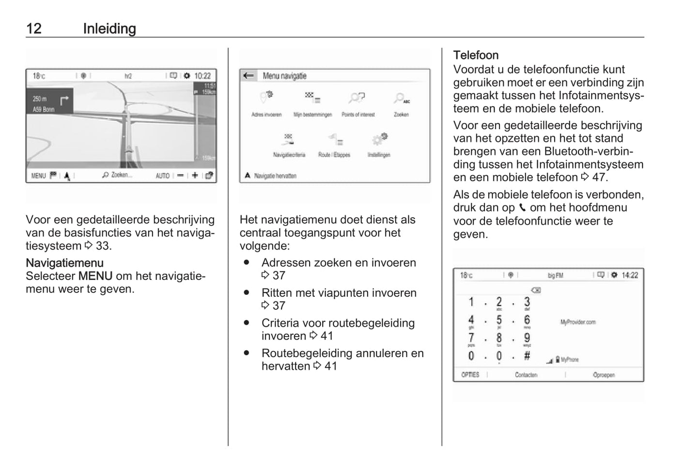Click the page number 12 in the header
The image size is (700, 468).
(34, 29)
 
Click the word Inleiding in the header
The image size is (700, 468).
(109, 29)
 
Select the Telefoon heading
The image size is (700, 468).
(476, 55)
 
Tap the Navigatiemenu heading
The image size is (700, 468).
(64, 263)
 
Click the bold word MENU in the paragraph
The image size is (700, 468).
(95, 276)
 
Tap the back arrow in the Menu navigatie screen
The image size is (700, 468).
(249, 76)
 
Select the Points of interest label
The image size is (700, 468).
(358, 115)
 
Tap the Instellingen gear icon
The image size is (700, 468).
(379, 139)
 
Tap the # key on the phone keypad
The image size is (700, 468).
(527, 355)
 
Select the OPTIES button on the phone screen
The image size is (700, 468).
(470, 375)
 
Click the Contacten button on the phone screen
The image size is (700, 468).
(526, 375)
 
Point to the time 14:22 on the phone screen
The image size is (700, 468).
(630, 275)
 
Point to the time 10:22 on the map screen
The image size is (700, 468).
(202, 76)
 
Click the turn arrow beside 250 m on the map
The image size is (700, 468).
(64, 100)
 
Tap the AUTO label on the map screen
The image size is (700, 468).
(162, 176)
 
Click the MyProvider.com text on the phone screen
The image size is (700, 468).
(578, 322)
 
